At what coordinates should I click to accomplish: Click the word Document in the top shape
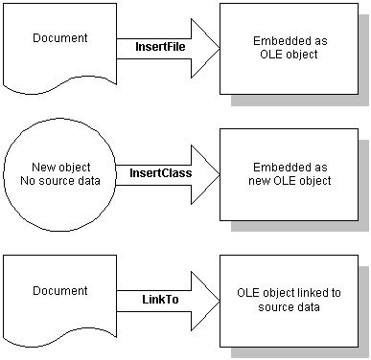[x=59, y=38]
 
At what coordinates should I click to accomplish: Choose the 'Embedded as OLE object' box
[x=289, y=48]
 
